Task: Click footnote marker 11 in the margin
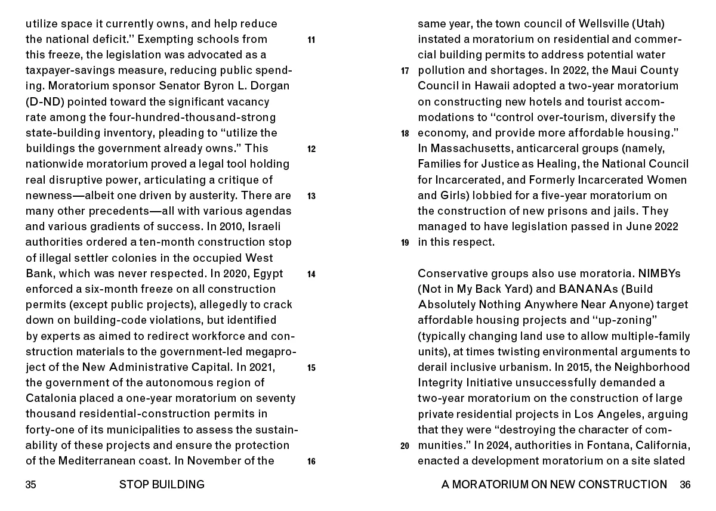pyautogui.click(x=311, y=41)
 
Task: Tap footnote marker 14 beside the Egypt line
pyautogui.click(x=311, y=274)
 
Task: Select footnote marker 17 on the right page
pyautogui.click(x=405, y=72)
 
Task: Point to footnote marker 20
pyautogui.click(x=405, y=445)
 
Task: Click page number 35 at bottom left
pyautogui.click(x=31, y=485)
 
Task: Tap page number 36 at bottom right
pyautogui.click(x=685, y=485)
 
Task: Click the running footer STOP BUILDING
pyautogui.click(x=162, y=485)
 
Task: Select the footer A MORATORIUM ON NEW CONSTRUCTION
pyautogui.click(x=554, y=485)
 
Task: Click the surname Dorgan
pyautogui.click(x=269, y=86)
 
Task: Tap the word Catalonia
pyautogui.click(x=49, y=398)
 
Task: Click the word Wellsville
pyautogui.click(x=609, y=24)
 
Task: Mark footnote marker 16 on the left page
pyautogui.click(x=311, y=461)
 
